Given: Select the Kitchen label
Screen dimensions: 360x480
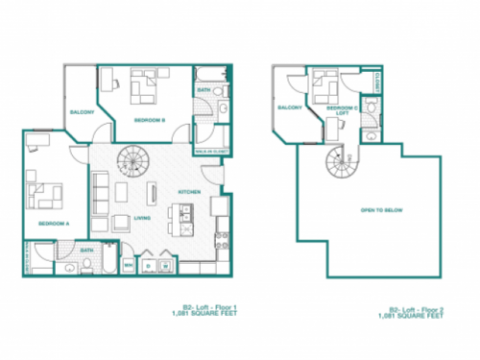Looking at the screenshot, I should coord(188,193).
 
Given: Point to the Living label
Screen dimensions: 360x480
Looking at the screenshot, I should coord(141,218).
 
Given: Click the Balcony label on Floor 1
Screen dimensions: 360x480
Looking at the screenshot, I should coord(82,112).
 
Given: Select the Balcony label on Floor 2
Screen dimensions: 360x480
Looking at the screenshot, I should coord(290,108).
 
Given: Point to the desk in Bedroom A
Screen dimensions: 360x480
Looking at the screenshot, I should coord(36,142).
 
